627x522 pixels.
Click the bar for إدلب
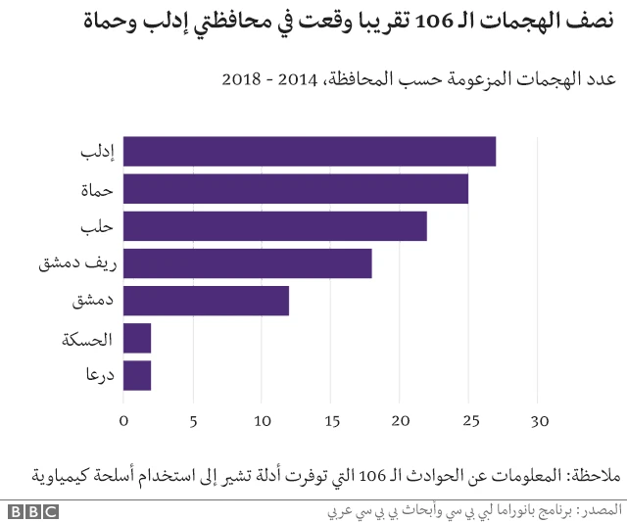click(x=310, y=152)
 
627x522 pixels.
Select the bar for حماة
click(x=296, y=189)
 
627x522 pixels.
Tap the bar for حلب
click(x=275, y=226)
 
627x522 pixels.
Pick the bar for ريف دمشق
click(x=248, y=263)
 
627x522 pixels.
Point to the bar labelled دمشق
click(x=207, y=301)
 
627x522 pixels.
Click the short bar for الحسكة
click(x=137, y=338)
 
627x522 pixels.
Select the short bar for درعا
click(x=137, y=375)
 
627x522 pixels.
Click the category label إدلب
click(x=97, y=153)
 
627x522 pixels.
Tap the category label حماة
click(x=97, y=190)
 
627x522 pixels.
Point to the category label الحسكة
click(x=87, y=339)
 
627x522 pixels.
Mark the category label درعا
click(x=97, y=376)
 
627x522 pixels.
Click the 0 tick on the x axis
click(x=123, y=422)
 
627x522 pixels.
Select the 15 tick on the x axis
click(x=330, y=422)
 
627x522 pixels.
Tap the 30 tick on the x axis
click(x=538, y=422)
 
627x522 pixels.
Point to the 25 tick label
click(x=468, y=422)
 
